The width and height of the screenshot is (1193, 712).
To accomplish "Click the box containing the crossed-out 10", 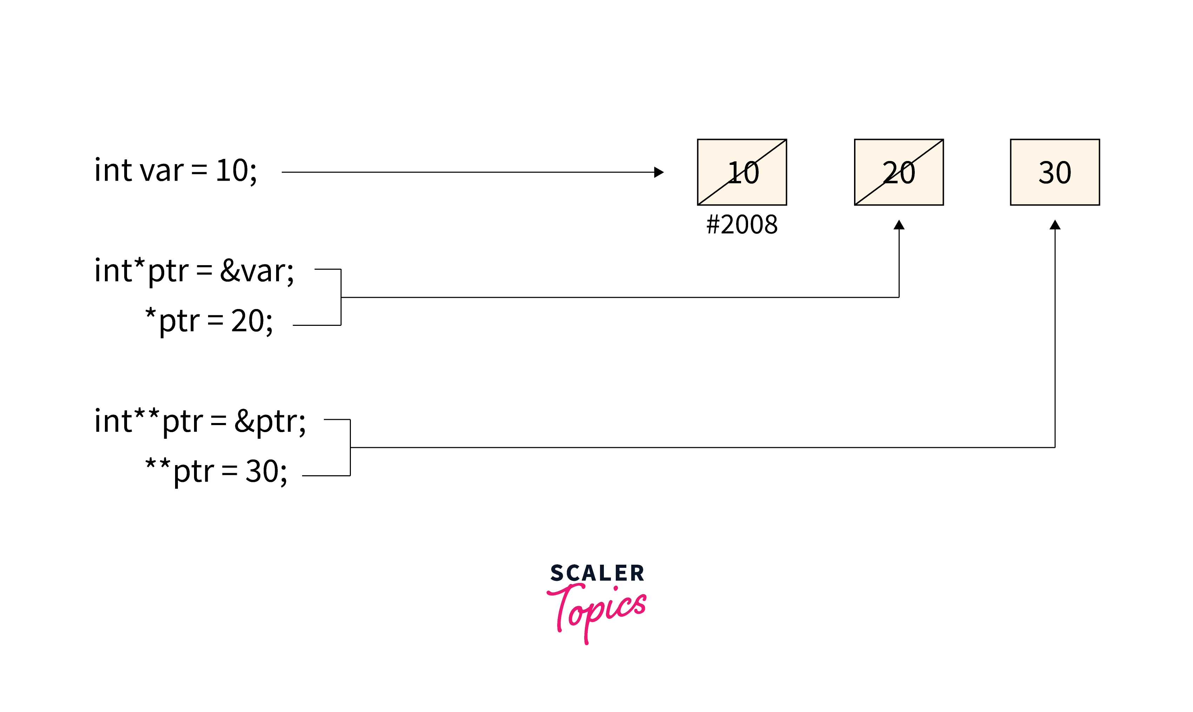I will [x=741, y=172].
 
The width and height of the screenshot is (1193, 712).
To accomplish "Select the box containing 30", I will [x=1055, y=172].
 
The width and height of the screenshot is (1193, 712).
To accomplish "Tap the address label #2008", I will [x=742, y=224].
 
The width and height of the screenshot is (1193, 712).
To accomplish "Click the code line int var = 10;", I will [x=176, y=170].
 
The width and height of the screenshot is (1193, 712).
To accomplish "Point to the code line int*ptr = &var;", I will [x=194, y=271].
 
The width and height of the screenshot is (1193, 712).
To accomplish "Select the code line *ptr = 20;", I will [x=209, y=321].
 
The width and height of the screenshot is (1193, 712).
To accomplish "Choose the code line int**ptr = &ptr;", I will [x=200, y=421].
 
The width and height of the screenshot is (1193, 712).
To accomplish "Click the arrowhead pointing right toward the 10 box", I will [x=659, y=172].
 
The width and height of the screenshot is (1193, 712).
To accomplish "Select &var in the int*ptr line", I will [x=256, y=271].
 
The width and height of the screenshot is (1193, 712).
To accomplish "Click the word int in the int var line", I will [x=113, y=170].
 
